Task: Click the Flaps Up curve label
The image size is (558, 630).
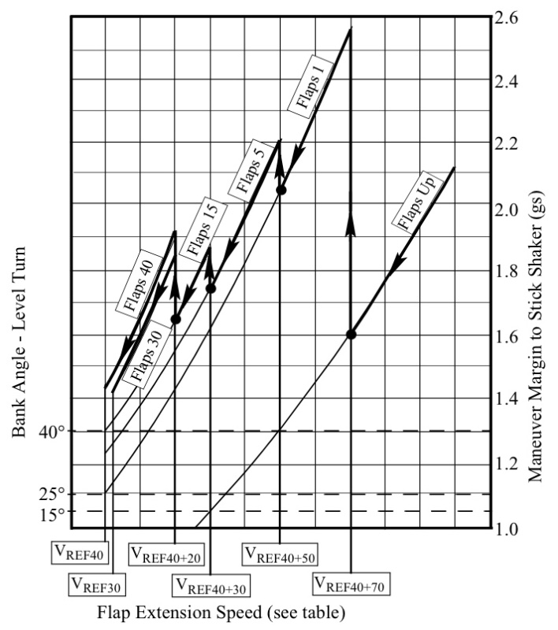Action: (x=415, y=209)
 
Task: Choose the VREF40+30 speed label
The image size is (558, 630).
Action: (x=210, y=585)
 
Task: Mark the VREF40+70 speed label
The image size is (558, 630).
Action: (x=352, y=584)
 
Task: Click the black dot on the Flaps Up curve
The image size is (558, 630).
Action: (x=352, y=335)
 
